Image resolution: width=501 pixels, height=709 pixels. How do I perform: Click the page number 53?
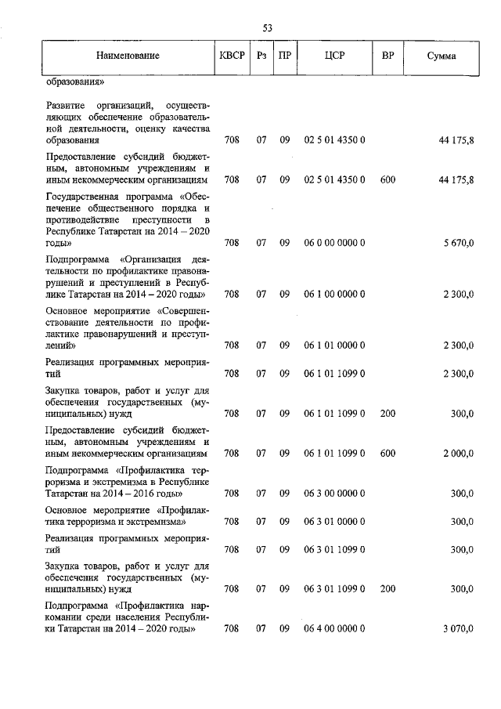tap(267, 28)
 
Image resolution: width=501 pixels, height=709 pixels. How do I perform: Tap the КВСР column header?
tap(232, 56)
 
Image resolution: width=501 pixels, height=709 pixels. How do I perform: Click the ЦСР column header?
tap(334, 56)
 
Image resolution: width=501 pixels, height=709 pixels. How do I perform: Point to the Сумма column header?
tap(442, 56)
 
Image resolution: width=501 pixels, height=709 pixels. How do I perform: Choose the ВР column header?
tap(387, 56)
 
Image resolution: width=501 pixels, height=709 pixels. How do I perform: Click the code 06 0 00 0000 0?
tap(334, 244)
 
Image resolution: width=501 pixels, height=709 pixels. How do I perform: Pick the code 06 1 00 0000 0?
tap(334, 295)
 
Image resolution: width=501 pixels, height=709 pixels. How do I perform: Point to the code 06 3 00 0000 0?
tap(334, 494)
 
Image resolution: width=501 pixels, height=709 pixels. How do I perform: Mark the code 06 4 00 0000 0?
tap(334, 628)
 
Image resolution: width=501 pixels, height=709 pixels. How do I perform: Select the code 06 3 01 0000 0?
tap(334, 521)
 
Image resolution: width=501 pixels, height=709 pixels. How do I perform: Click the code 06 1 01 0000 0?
tap(334, 345)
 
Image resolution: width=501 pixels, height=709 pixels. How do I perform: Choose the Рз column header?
tap(261, 56)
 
